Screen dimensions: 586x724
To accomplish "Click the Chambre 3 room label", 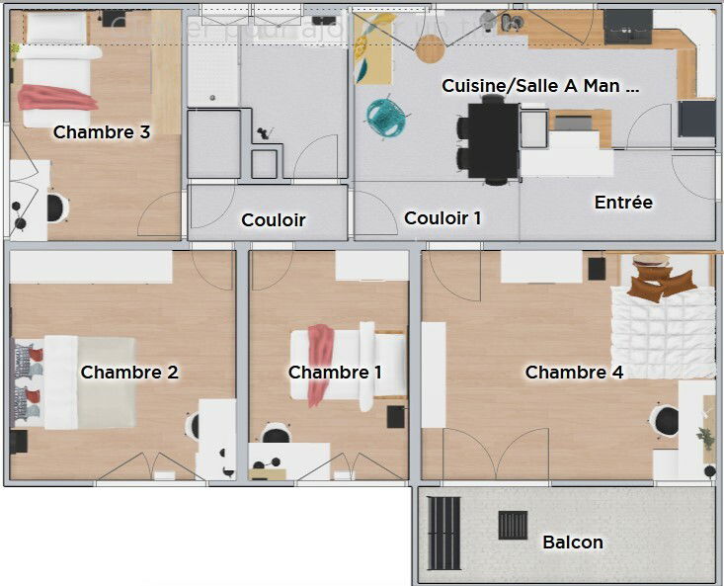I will pyautogui.click(x=102, y=131).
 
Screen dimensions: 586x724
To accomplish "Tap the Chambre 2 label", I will pyautogui.click(x=129, y=373).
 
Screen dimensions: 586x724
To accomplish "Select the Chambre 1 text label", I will pyautogui.click(x=335, y=373).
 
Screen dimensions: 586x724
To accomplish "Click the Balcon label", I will pyautogui.click(x=573, y=543).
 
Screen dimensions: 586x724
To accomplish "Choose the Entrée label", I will pyautogui.click(x=623, y=203).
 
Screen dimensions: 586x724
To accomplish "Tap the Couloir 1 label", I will pyautogui.click(x=442, y=218).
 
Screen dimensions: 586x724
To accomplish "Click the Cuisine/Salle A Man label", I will pyautogui.click(x=540, y=86).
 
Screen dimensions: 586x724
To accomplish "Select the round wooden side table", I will pyautogui.click(x=431, y=47).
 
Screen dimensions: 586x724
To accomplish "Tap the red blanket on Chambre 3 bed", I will pyautogui.click(x=57, y=97).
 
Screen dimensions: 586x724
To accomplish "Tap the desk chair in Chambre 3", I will pyautogui.click(x=57, y=209).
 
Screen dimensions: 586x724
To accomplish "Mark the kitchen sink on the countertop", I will pyautogui.click(x=511, y=22).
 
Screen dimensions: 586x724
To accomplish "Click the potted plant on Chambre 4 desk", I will pyautogui.click(x=706, y=435).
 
